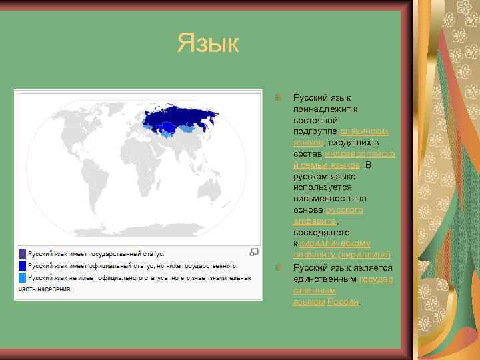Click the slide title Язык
207,44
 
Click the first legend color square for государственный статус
22,253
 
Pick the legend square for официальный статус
22,265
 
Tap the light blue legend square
22,277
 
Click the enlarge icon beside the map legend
253,252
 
